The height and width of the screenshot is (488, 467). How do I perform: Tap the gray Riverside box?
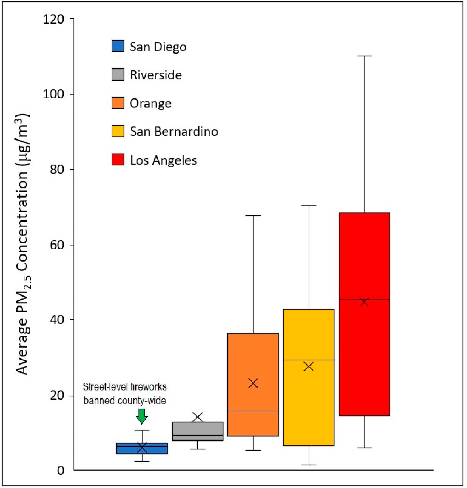(x=198, y=431)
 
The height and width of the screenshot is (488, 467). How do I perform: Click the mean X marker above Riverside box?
(x=198, y=417)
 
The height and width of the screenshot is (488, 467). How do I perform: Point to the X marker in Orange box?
(x=253, y=383)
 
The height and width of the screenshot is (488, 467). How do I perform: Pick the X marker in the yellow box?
(x=308, y=367)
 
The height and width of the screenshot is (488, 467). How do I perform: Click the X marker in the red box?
(x=364, y=302)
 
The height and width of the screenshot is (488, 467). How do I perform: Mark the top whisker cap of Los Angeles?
(x=364, y=56)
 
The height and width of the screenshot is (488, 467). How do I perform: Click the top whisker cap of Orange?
(x=253, y=215)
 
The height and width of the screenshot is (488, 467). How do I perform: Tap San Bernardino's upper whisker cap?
(x=308, y=205)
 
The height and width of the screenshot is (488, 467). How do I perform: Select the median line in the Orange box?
(x=253, y=411)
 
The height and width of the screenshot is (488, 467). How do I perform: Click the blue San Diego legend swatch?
(x=118, y=46)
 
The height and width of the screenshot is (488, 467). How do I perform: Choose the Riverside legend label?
(x=156, y=75)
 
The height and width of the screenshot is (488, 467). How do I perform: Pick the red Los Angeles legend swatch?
(x=118, y=160)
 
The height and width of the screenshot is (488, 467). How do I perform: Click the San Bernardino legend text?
(x=174, y=132)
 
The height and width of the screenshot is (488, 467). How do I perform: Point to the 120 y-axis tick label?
(x=53, y=19)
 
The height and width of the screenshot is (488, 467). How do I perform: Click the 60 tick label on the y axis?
(x=57, y=245)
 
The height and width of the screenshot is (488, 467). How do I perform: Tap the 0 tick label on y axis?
(x=61, y=471)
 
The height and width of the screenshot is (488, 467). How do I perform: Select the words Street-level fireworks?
(x=125, y=387)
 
